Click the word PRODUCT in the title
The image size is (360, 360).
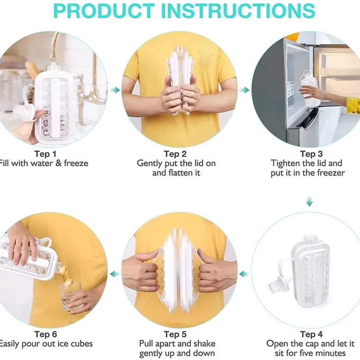click(x=104, y=11)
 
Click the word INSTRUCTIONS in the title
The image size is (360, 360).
click(x=238, y=11)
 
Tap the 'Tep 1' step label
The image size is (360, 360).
click(x=45, y=154)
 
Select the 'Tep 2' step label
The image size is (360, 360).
click(x=175, y=154)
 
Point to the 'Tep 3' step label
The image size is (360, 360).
click(x=311, y=154)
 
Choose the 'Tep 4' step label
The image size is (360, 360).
click(x=311, y=334)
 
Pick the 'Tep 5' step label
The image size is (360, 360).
click(x=175, y=334)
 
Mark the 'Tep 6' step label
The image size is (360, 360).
click(x=45, y=334)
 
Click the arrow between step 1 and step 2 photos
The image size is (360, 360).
click(x=115, y=90)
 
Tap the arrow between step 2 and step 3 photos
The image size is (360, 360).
click(x=244, y=90)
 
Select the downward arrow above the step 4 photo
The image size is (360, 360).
click(x=309, y=201)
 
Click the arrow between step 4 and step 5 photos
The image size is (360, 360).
click(x=244, y=274)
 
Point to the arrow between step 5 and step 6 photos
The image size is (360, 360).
click(x=115, y=274)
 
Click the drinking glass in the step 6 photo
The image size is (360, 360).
click(x=71, y=297)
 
